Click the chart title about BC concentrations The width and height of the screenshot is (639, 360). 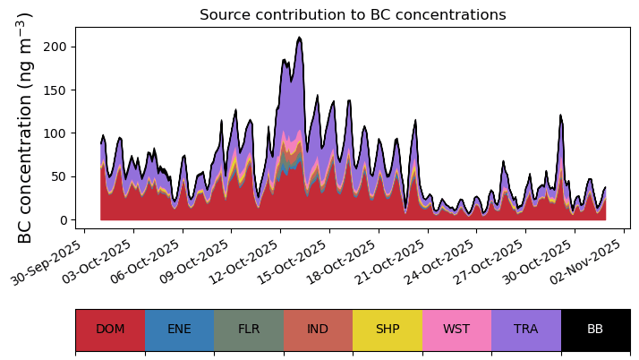[353, 15]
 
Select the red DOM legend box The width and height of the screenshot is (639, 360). [110, 330]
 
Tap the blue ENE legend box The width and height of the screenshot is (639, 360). [179, 330]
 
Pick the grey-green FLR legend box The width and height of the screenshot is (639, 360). [249, 330]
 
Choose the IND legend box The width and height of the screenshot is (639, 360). [318, 330]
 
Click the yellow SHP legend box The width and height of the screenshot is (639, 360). [388, 330]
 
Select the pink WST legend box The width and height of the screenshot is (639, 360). [456, 330]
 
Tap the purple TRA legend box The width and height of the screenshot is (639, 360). [526, 330]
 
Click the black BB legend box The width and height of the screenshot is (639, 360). [595, 330]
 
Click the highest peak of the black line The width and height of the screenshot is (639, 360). [300, 38]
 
